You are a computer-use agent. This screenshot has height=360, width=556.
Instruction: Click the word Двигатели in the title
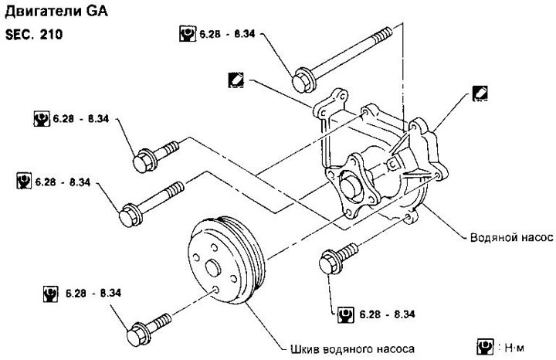(x=42, y=12)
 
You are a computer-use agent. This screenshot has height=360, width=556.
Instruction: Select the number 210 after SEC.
(x=51, y=35)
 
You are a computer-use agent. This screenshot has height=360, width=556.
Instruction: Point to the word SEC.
(x=19, y=35)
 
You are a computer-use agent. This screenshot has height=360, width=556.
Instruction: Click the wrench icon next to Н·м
(x=485, y=347)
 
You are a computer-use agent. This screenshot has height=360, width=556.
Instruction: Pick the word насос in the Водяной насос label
(x=535, y=237)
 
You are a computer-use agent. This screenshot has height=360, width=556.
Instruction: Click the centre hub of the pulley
(x=213, y=267)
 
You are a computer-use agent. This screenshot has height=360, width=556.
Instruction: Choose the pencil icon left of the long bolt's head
(x=236, y=80)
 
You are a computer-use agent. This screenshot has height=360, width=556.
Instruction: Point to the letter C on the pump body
(x=393, y=165)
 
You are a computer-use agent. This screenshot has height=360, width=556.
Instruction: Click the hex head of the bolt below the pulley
(x=137, y=334)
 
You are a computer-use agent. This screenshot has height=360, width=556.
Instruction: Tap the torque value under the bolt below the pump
(x=387, y=314)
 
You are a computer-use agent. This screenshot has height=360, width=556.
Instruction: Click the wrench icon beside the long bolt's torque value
(x=187, y=34)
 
